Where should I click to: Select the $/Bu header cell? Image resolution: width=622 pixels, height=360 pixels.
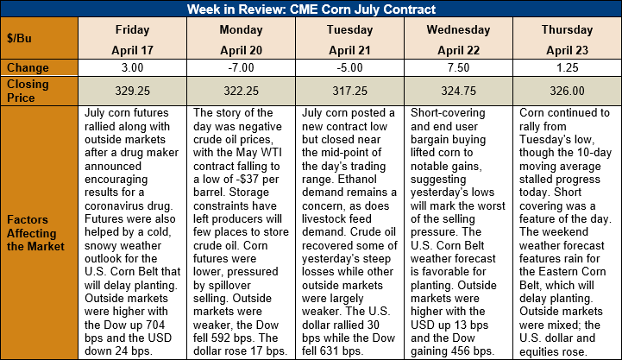40,38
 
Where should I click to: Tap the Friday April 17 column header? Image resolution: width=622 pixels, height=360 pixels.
133,38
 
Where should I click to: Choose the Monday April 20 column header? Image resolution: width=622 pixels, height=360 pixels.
242,38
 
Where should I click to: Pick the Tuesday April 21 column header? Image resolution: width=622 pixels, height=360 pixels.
350,38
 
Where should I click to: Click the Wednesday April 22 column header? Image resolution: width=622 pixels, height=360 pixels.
459,38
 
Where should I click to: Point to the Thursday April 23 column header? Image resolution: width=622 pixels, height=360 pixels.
568,38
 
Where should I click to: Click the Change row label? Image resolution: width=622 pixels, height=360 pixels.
28,68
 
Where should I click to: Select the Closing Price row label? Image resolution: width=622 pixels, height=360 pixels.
28,91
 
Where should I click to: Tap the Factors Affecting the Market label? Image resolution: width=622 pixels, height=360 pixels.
35,233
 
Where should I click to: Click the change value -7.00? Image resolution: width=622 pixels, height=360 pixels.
242,67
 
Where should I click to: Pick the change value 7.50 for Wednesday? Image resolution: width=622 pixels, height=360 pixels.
459,67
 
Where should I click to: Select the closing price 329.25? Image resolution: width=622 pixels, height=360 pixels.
133,91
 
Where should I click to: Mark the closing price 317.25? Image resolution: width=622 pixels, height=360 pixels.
350,91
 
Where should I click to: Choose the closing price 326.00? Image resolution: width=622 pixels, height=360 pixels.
568,91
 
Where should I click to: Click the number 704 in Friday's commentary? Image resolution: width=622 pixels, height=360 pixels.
154,325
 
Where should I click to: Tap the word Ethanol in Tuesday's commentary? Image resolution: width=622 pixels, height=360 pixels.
357,180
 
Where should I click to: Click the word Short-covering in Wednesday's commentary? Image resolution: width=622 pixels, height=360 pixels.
448,113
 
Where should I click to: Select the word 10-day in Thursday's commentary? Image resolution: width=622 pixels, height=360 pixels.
594,153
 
